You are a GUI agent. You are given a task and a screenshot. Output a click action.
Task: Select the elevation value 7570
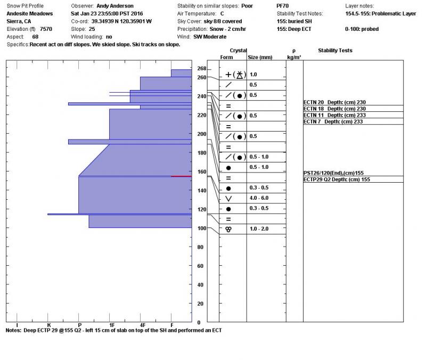tap(46, 29)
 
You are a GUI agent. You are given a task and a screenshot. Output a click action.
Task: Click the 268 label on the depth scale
tap(201, 69)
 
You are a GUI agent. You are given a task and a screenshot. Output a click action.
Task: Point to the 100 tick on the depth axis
tap(201, 228)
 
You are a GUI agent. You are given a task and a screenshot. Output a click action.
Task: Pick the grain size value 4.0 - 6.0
tap(259, 198)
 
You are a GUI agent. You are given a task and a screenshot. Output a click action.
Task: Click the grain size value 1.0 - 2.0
tap(259, 228)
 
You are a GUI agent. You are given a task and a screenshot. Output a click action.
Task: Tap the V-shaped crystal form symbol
tap(228, 198)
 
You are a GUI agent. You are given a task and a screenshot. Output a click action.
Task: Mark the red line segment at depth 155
tap(181, 176)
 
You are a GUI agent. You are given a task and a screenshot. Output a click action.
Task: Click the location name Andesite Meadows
tap(30, 14)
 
